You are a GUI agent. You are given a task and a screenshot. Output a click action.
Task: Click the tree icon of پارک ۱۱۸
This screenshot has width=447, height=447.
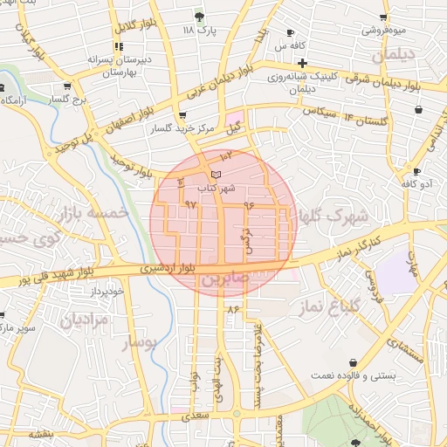199,16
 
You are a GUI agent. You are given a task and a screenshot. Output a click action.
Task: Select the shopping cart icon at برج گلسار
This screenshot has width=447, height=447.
67,86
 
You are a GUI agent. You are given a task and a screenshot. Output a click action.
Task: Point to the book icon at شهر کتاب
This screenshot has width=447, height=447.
217,175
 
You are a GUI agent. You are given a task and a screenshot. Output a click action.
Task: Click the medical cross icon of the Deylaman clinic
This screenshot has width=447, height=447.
302,63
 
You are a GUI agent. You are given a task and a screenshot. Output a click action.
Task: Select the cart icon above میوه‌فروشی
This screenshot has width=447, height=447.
383,17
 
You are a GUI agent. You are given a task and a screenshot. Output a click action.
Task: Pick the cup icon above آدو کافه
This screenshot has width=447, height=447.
416,171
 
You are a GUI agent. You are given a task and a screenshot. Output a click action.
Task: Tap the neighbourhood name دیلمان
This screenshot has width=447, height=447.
390,55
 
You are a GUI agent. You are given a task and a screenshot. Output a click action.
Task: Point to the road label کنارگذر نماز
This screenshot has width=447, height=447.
359,242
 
